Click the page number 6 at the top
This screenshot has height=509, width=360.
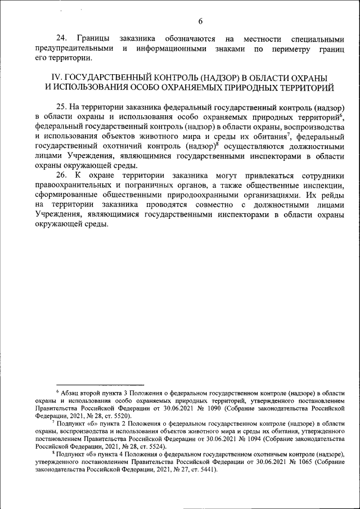pyautogui.click(x=200, y=21)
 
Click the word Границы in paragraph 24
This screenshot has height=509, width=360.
pyautogui.click(x=98, y=39)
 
